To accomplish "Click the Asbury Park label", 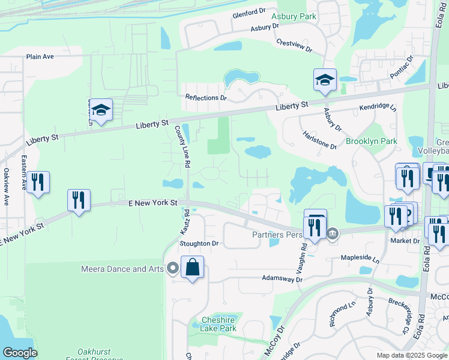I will (294, 16).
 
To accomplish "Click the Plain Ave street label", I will (40, 57).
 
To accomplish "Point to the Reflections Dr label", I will (206, 97).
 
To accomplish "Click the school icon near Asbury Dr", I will (324, 80).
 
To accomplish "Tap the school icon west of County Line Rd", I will (101, 110).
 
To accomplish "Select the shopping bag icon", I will (192, 267).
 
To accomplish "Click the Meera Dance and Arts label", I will (122, 269).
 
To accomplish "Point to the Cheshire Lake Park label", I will (218, 324).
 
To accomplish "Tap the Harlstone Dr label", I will (320, 140).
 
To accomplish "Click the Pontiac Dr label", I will (402, 68).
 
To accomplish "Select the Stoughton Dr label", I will (199, 244).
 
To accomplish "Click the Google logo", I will (20, 352).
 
